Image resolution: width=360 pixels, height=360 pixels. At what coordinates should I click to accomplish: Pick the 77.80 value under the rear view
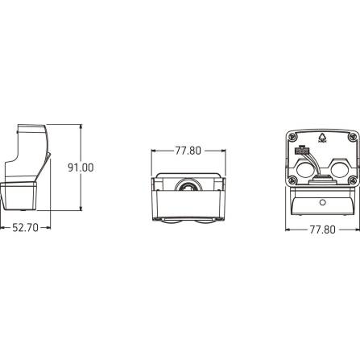pos(321,228)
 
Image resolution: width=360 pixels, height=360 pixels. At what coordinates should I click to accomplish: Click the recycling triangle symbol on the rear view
pos(316,137)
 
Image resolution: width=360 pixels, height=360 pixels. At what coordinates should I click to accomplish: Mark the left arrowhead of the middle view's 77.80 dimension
pos(155,149)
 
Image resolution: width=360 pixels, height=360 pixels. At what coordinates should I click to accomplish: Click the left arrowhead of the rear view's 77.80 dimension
pos(288,228)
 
